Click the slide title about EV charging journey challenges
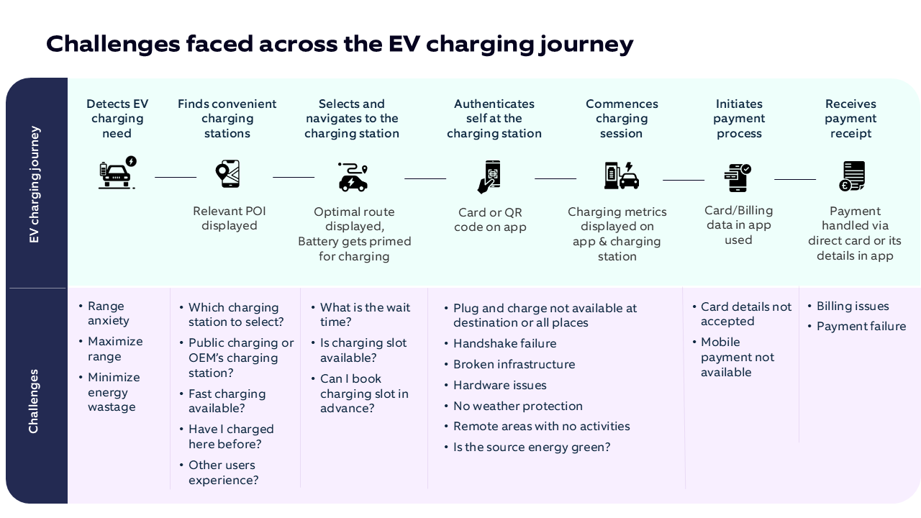pos(340,44)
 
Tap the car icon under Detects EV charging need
pos(117,173)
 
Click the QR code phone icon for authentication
pos(490,176)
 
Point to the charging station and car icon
pos(621,176)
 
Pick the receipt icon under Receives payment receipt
pos(851,176)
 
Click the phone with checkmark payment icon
pos(738,177)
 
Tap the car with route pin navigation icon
pos(353,176)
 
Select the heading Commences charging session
pos(622,119)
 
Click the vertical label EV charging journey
pos(35,184)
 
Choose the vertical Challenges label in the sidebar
pos(34,401)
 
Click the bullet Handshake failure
pos(504,344)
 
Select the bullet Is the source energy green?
pos(531,447)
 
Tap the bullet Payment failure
pos(861,327)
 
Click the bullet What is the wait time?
pos(365,314)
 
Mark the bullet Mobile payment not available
pos(738,357)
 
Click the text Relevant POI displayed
pos(229,218)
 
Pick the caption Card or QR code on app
pos(490,219)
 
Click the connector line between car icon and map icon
pos(176,176)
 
